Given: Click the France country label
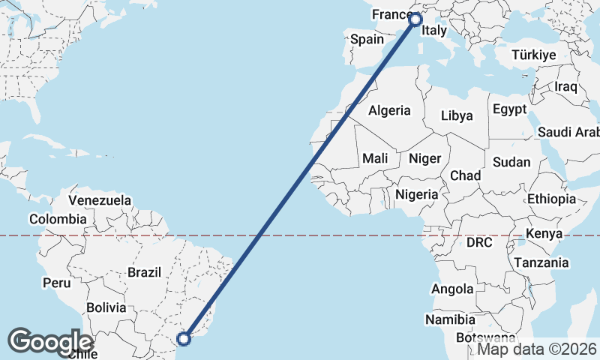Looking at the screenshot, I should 390,15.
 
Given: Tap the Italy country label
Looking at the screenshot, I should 434,31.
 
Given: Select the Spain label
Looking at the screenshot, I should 367,39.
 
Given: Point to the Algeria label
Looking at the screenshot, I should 390,110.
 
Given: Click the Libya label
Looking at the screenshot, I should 457,115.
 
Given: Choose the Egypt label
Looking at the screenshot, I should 509,109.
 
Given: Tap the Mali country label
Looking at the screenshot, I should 375,158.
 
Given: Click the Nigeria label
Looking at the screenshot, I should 416,194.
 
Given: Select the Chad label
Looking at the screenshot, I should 465,175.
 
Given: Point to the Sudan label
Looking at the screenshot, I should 511,162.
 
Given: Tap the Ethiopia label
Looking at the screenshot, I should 551,199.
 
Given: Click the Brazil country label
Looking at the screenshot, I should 145,272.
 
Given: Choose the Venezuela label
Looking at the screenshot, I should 100,201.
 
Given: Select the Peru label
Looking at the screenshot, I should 56,283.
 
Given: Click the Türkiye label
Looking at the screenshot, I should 533,55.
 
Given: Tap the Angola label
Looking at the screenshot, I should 452,289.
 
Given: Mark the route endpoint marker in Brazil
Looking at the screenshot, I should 184,338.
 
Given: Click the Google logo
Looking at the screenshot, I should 51,342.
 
